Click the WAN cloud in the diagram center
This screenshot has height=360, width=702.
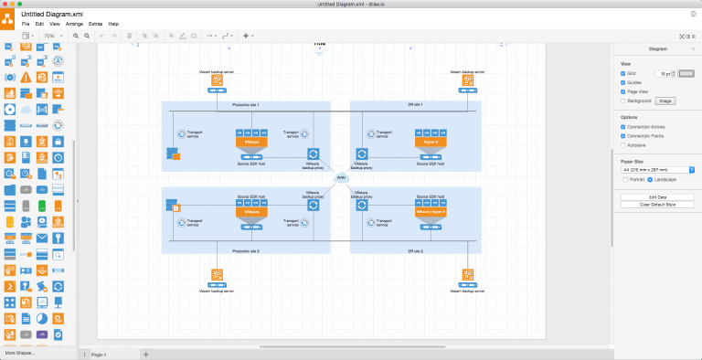click(x=341, y=177)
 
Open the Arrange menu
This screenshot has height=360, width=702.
click(x=74, y=23)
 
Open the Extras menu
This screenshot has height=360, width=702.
click(x=95, y=23)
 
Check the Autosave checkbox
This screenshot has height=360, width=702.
click(x=622, y=144)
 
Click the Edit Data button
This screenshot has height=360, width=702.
click(x=657, y=197)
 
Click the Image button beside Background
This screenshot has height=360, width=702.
click(x=665, y=101)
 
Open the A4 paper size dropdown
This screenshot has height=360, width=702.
click(x=657, y=170)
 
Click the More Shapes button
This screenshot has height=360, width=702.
click(x=21, y=352)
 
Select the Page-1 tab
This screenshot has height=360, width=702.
click(x=99, y=354)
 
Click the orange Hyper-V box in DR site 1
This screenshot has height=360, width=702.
click(x=431, y=143)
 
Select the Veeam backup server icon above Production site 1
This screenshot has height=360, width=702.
click(x=218, y=82)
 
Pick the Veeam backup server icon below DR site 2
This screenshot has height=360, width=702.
click(x=467, y=276)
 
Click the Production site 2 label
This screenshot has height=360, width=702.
click(x=246, y=250)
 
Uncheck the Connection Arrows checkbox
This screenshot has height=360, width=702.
click(x=622, y=126)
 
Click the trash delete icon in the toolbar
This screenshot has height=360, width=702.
click(x=130, y=36)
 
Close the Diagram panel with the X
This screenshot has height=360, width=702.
click(x=693, y=48)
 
